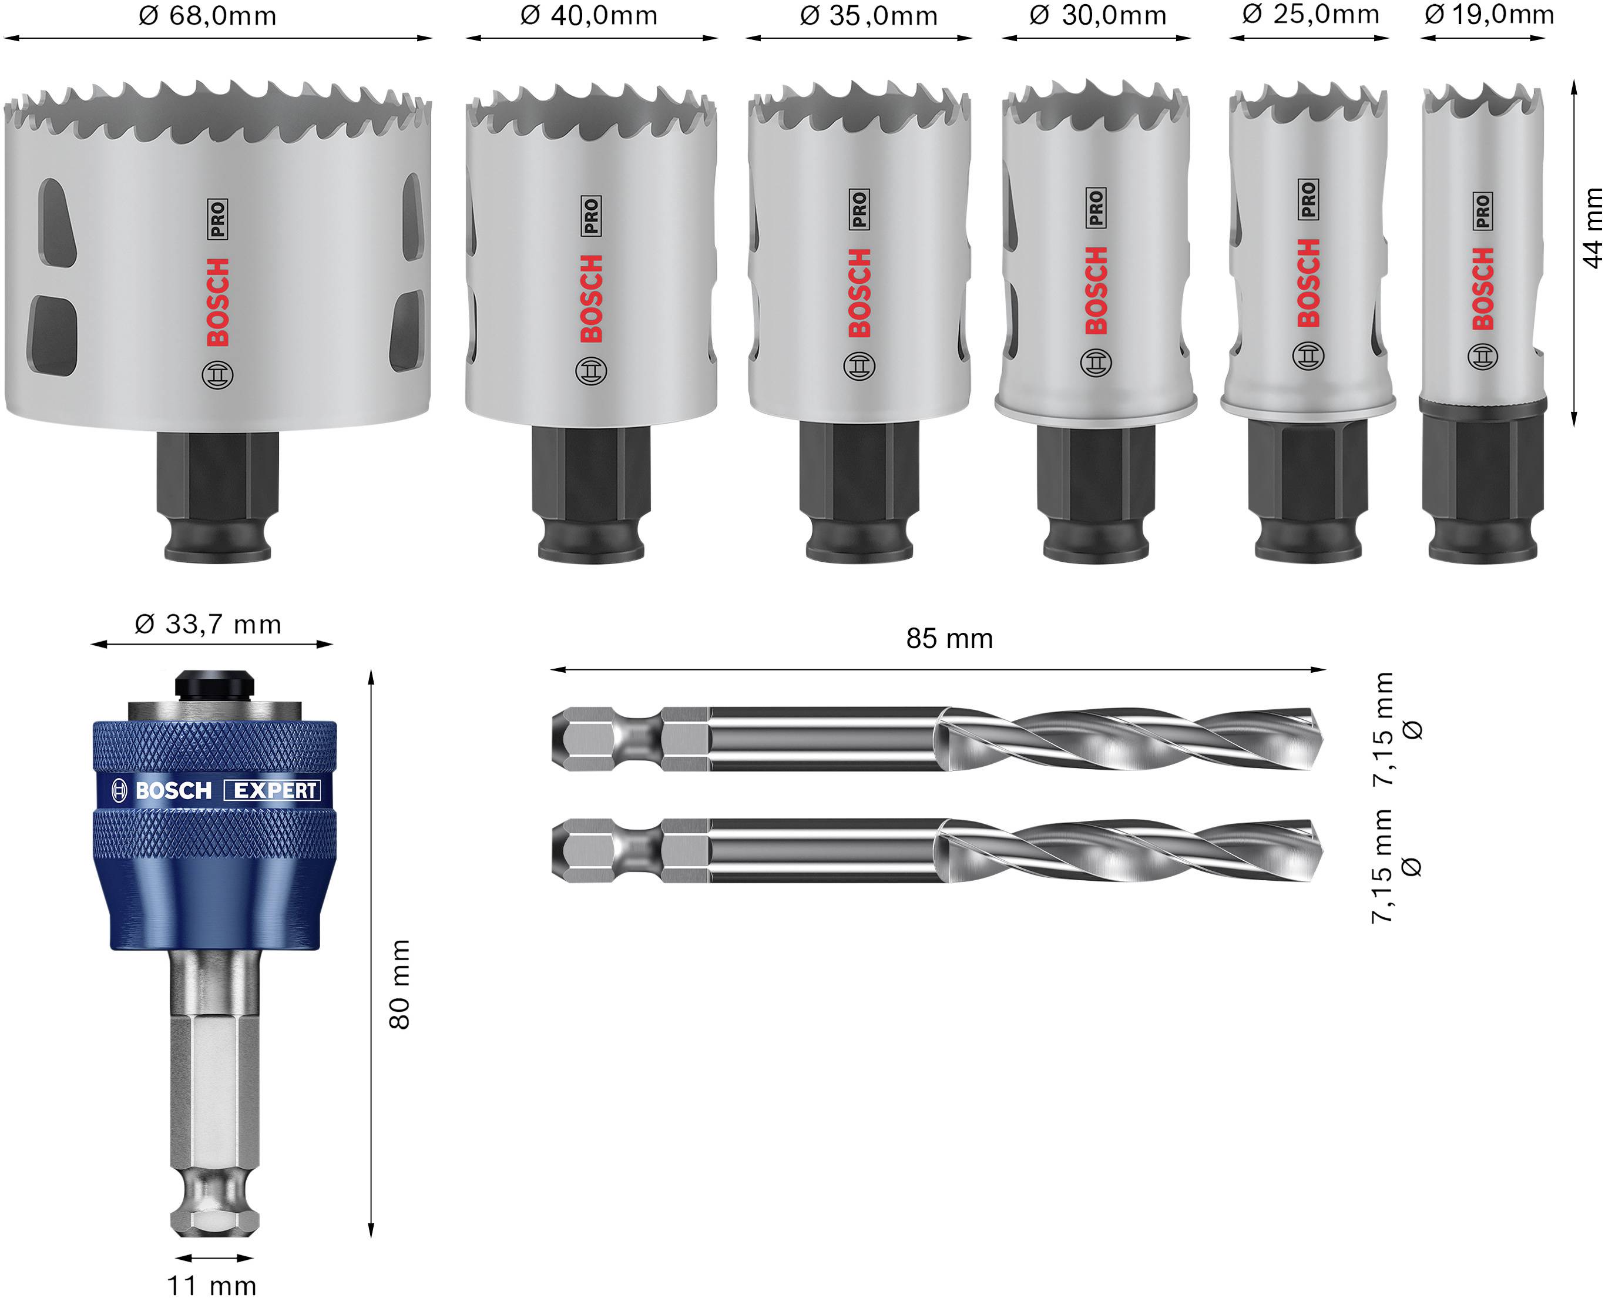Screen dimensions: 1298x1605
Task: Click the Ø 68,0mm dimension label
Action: click(208, 16)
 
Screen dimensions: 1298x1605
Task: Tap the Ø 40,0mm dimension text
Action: click(589, 16)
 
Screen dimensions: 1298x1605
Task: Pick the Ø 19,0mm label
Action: click(1489, 14)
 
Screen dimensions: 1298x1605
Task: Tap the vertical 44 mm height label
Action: click(1591, 227)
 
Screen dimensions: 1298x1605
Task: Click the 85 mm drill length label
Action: click(949, 639)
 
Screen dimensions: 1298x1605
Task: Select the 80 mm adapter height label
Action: click(400, 984)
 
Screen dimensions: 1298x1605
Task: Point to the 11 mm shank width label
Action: click(211, 1284)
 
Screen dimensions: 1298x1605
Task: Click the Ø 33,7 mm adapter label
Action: click(208, 625)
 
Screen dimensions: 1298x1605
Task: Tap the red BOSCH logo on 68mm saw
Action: click(217, 302)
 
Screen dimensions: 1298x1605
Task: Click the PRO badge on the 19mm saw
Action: click(1483, 212)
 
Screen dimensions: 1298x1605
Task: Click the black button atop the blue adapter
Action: click(214, 684)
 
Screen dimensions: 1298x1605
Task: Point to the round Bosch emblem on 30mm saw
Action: click(1096, 363)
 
